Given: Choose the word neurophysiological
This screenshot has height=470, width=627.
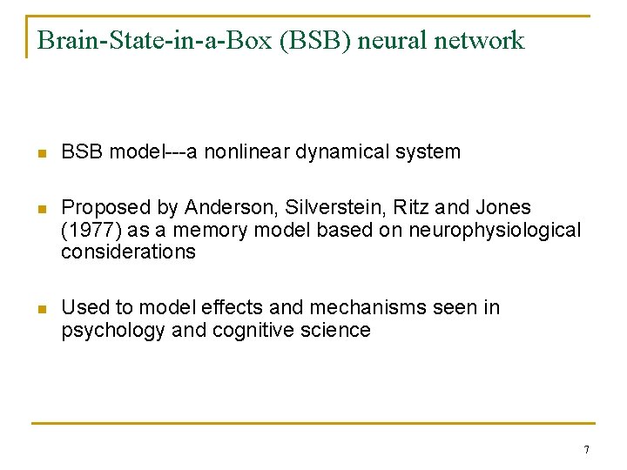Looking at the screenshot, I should click(x=492, y=230).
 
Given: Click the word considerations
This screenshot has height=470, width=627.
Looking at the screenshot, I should click(x=128, y=252).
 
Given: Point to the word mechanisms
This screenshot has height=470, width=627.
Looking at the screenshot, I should click(x=360, y=307).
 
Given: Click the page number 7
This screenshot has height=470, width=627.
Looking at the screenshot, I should click(x=586, y=450).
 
